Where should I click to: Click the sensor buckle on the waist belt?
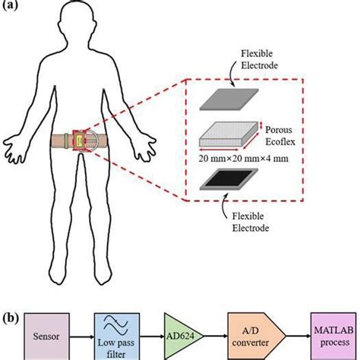(x=81, y=142)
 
